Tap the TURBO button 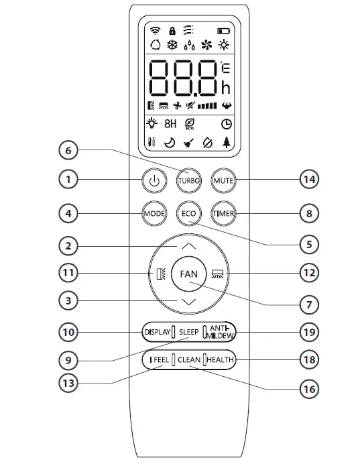click(x=189, y=180)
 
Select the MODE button click(x=154, y=214)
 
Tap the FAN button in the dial click(x=189, y=274)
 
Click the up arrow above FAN click(x=189, y=246)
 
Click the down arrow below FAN click(x=189, y=302)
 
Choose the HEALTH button click(x=219, y=360)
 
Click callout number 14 click(x=308, y=180)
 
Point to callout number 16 click(x=308, y=388)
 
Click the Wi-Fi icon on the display click(x=156, y=30)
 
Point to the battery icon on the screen click(x=222, y=31)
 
